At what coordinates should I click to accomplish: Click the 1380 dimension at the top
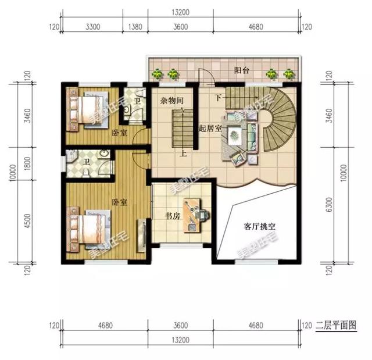click(x=134, y=26)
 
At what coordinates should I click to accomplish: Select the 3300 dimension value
click(x=94, y=26)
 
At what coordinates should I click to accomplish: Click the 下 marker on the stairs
click(x=219, y=97)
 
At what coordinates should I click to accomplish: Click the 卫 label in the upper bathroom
click(x=137, y=101)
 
